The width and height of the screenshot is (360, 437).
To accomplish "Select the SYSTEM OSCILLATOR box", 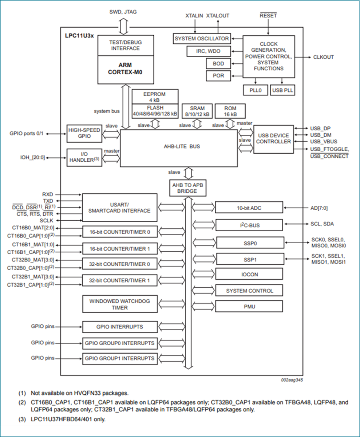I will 202,39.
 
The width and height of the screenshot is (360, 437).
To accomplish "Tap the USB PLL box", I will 282,90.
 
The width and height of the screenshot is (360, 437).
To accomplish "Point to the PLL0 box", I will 255,90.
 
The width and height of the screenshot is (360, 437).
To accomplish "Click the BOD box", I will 218,64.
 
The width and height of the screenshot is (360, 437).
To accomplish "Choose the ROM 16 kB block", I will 230,111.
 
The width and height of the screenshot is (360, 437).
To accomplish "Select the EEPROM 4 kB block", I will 155,97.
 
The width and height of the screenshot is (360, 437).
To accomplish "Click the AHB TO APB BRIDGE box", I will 188,188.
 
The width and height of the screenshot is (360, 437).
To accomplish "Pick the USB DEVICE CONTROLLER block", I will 273,138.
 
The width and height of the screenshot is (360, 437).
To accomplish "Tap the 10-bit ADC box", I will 249,208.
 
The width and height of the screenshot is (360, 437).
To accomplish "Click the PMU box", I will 249,306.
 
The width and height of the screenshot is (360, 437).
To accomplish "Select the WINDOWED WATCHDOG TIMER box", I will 120,304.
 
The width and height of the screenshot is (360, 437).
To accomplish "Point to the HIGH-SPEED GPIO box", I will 79,134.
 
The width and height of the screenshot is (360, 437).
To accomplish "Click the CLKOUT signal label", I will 323,57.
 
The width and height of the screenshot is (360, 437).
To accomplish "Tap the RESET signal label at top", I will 268,15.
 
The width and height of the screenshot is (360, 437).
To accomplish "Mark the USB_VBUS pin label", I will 323,141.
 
